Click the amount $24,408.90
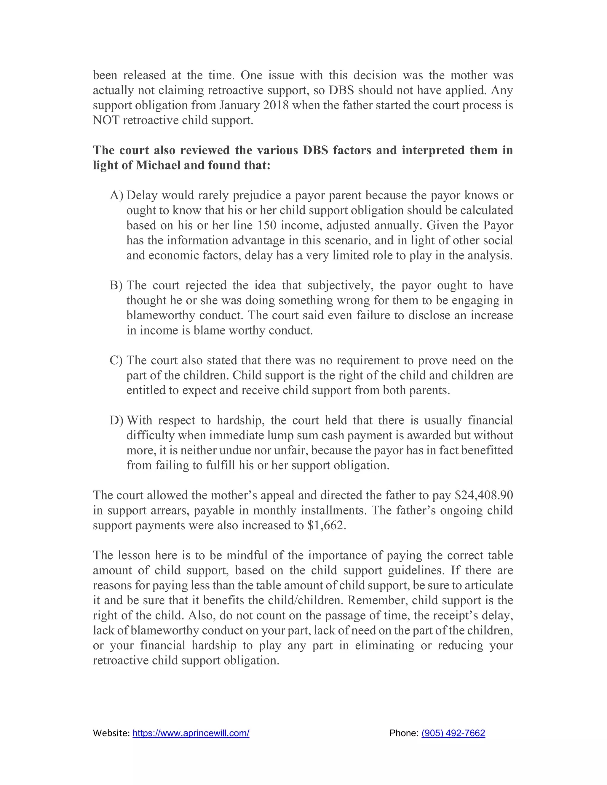[484, 495]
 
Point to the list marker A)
[116, 195]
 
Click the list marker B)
[116, 285]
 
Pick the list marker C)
[116, 361]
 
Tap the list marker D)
[116, 420]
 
